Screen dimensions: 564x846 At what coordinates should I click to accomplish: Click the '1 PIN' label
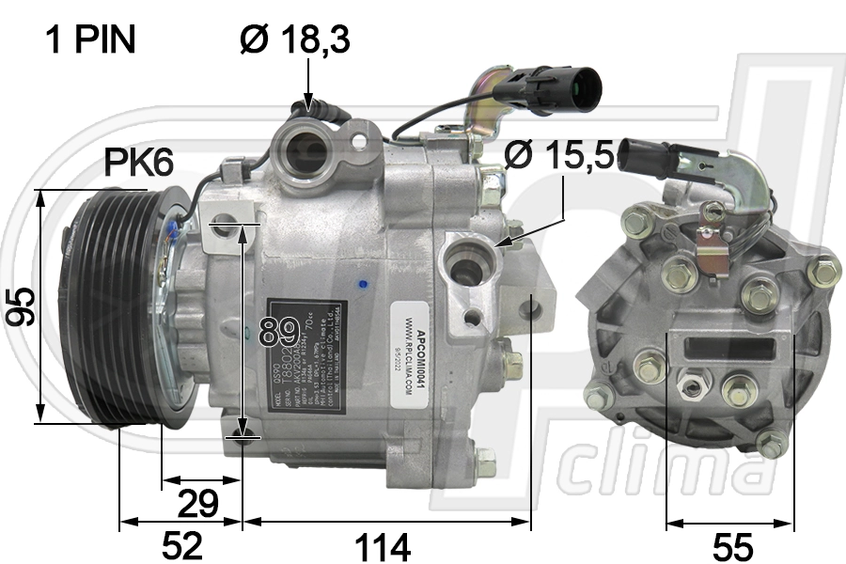tap(90, 39)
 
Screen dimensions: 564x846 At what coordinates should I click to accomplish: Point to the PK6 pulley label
tap(138, 164)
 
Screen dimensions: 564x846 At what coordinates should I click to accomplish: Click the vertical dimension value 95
tap(21, 306)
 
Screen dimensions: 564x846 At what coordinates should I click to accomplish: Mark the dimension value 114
tap(384, 544)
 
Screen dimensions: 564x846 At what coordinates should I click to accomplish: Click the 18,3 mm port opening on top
tap(306, 150)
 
